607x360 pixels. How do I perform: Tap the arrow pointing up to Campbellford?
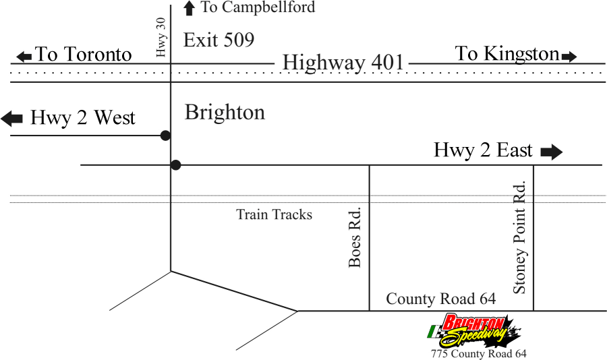point(190,8)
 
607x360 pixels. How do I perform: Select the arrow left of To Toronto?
point(24,56)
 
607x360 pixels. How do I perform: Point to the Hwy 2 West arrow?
point(12,119)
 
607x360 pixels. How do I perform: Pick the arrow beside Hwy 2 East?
point(551,152)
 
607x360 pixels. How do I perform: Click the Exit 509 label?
point(219,40)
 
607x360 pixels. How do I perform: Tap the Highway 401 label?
point(343,63)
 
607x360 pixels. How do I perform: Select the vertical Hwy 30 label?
point(161,37)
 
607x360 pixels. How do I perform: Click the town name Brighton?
point(225,112)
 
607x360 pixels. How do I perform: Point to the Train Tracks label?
point(274,214)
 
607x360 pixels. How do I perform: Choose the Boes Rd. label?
point(355,237)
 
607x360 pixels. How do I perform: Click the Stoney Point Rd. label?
point(519,237)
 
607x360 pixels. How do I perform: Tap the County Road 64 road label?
point(440,299)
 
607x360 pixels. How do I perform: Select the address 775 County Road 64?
point(479,353)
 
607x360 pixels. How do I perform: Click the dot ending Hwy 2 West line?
point(165,136)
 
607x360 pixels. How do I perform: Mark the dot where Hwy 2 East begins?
point(176,164)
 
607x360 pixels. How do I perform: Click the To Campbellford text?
point(258,7)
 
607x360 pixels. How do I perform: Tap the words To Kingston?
point(507,54)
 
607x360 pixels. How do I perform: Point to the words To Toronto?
point(83,55)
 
